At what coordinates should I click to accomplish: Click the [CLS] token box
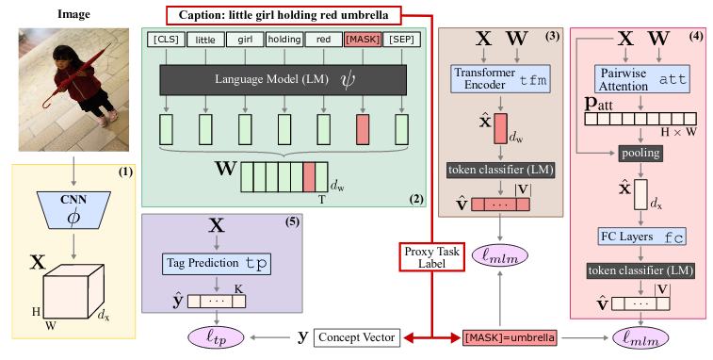(166, 40)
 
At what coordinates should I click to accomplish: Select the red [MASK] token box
(363, 40)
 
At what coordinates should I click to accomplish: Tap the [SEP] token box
(402, 40)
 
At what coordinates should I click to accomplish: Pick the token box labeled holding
(284, 40)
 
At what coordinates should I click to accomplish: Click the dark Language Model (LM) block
(283, 80)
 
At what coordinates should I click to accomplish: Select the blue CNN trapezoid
(73, 210)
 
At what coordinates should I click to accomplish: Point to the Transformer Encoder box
(500, 79)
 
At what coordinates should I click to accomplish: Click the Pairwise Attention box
(642, 79)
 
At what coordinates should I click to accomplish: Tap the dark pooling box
(640, 153)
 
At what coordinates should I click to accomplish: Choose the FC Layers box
(641, 237)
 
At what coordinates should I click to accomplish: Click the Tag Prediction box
(217, 264)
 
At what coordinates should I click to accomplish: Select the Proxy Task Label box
(432, 257)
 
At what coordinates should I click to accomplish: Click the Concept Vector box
(357, 337)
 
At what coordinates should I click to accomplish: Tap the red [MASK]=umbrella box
(510, 337)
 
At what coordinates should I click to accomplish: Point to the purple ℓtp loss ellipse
(216, 337)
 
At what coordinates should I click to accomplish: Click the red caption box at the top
(284, 15)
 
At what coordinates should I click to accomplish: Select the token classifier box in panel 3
(500, 170)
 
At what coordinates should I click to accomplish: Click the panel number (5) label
(293, 222)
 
